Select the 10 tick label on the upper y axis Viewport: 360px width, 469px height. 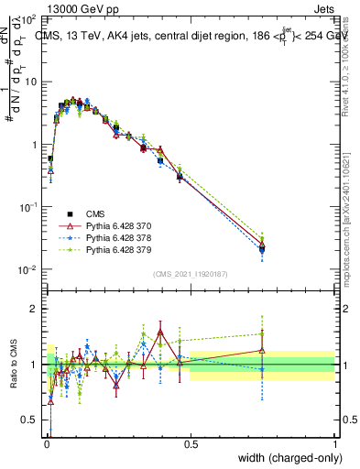coord(30,82)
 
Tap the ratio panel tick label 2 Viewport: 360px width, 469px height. coord(35,309)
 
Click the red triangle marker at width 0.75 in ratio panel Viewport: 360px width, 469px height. coord(263,350)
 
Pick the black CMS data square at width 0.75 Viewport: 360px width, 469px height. coord(263,248)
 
